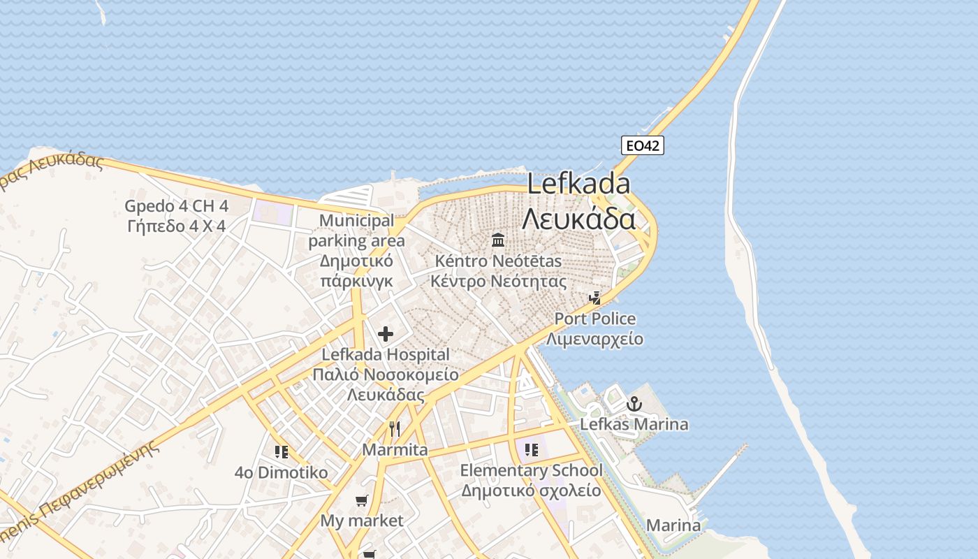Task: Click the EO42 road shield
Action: tap(642, 145)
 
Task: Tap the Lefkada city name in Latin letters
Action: tap(578, 184)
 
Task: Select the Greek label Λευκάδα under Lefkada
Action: tap(578, 219)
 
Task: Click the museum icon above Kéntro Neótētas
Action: tap(498, 240)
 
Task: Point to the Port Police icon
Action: tap(595, 298)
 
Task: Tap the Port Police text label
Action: tap(595, 319)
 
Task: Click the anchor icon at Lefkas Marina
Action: tap(634, 404)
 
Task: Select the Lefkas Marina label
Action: tap(634, 424)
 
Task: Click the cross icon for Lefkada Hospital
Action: tap(385, 334)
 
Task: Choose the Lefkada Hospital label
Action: tap(385, 355)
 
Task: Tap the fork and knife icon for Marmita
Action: tap(395, 428)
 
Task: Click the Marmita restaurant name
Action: tap(395, 449)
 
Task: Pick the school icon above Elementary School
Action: tap(531, 449)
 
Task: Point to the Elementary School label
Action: tap(531, 470)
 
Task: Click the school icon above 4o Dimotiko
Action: tap(282, 452)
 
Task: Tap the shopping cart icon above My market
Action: tap(361, 500)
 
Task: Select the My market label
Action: tap(362, 521)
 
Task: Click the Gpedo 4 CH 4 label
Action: tap(176, 206)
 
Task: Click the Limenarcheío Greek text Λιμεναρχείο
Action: tap(595, 340)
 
